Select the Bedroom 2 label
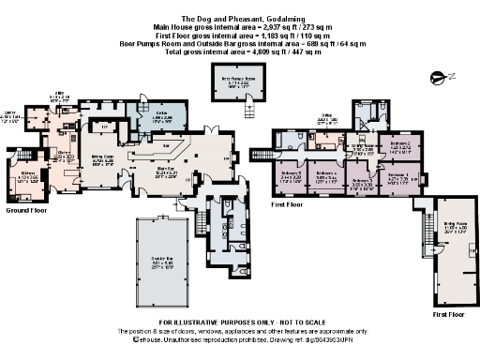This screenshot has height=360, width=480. point(400,147)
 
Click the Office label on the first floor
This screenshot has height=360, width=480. point(327,121)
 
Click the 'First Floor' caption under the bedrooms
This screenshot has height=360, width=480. point(286,203)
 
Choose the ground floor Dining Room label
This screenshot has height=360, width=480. point(102,160)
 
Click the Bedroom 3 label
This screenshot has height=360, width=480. point(361,183)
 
